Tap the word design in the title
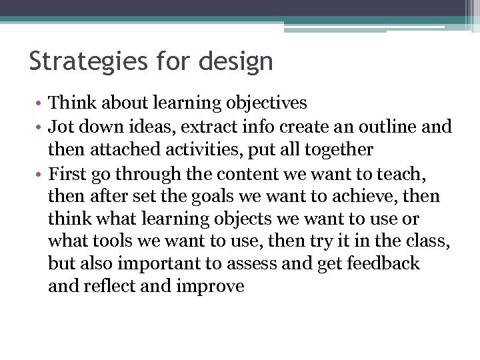pyautogui.click(x=237, y=61)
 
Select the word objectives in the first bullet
pyautogui.click(x=267, y=103)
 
